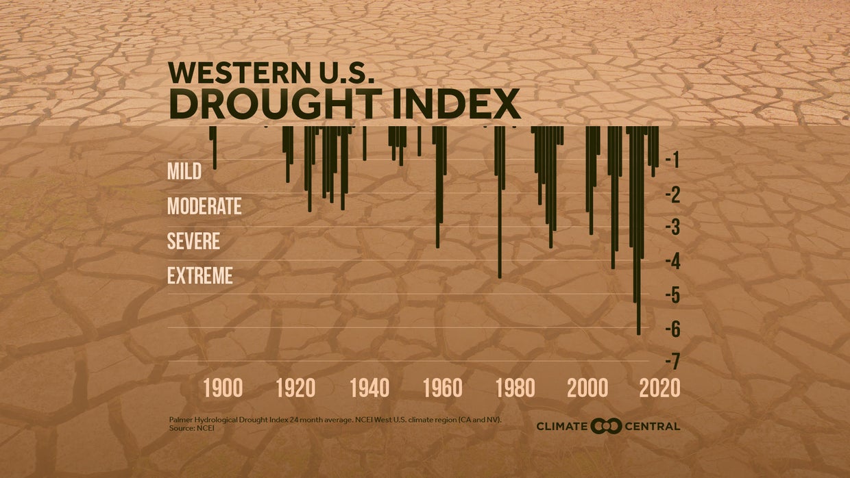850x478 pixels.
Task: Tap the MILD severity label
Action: point(184,171)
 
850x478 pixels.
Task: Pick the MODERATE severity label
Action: point(204,205)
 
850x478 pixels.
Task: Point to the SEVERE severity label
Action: point(193,241)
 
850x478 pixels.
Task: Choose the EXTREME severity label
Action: point(200,276)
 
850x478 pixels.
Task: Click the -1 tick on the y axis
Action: point(672,160)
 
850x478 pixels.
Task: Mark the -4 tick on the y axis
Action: point(671,261)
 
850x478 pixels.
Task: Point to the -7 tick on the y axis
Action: point(671,361)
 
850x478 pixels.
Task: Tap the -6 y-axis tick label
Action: point(671,329)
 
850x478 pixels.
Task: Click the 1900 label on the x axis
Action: point(223,388)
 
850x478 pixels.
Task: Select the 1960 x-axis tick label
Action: point(443,388)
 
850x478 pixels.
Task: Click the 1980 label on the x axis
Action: point(515,388)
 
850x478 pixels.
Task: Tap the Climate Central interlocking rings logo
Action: point(606,426)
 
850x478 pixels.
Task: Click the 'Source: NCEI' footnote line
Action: point(187,428)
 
